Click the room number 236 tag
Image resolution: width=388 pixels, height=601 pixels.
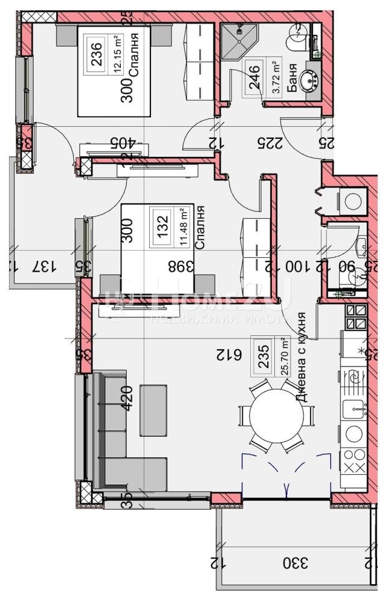click(x=96, y=58)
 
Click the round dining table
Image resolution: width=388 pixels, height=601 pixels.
click(x=277, y=415)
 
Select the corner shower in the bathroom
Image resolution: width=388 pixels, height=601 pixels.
click(x=238, y=42)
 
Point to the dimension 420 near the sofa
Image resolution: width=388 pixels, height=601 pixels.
click(x=127, y=397)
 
